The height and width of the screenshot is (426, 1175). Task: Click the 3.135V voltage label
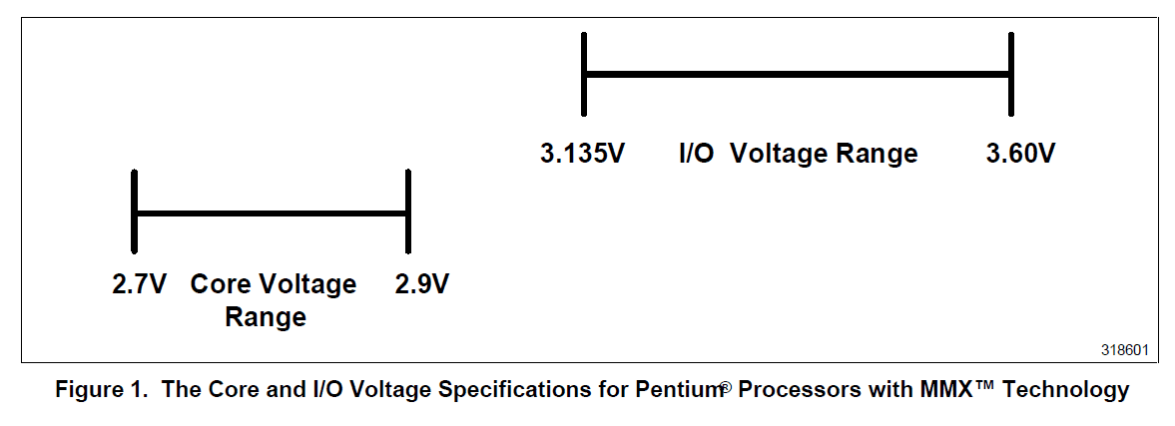click(x=582, y=155)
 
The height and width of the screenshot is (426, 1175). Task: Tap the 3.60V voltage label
click(x=1020, y=155)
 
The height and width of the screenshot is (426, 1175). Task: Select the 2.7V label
click(x=138, y=284)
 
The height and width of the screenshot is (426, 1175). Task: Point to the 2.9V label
click(x=422, y=284)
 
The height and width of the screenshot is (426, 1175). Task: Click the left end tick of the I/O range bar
click(x=585, y=73)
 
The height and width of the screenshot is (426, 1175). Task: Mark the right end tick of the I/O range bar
click(x=1011, y=73)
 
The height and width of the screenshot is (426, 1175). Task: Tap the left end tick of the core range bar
click(x=134, y=211)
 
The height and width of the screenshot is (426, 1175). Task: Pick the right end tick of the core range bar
click(x=407, y=211)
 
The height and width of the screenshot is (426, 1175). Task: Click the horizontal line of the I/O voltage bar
click(x=799, y=73)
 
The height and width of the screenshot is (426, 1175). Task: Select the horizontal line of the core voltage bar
click(x=271, y=212)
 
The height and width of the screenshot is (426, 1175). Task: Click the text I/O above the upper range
click(x=696, y=155)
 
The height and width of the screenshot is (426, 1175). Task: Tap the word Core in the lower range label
click(x=220, y=284)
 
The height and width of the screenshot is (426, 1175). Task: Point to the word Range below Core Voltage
click(x=265, y=318)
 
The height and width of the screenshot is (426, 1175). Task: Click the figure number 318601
click(x=1124, y=351)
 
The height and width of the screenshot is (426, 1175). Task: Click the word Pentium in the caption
click(x=678, y=390)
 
